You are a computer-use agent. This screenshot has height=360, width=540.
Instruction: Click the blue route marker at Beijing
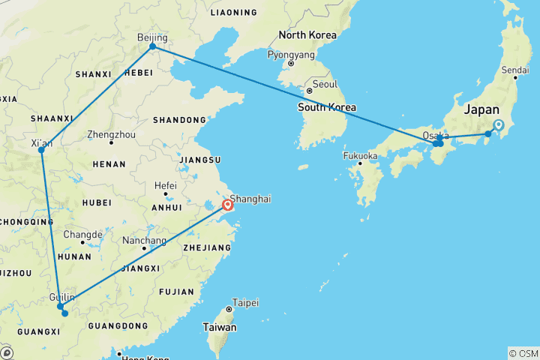click(152, 46)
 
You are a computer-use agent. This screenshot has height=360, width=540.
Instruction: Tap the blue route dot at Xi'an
click(42, 150)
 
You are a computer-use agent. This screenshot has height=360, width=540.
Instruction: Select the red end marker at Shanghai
click(227, 204)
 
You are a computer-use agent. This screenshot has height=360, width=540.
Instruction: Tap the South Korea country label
click(327, 107)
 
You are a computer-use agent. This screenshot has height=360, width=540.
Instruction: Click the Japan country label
click(481, 109)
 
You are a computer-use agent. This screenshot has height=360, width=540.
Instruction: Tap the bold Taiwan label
click(220, 327)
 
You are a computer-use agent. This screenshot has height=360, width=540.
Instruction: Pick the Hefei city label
click(166, 185)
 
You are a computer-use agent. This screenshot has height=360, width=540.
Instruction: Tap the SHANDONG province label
click(179, 120)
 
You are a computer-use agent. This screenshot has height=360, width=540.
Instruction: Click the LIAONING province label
click(234, 13)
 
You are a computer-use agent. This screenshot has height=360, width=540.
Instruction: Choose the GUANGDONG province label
click(118, 325)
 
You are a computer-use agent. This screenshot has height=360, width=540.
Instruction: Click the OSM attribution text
click(523, 352)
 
